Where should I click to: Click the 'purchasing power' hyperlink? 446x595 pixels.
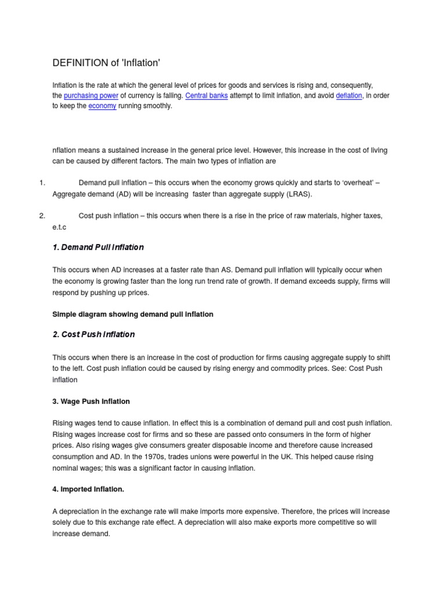pyautogui.click(x=91, y=95)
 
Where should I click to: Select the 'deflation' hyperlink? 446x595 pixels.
pyautogui.click(x=349, y=95)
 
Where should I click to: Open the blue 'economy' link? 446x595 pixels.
pyautogui.click(x=102, y=106)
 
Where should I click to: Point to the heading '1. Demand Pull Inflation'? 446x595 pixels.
pyautogui.click(x=98, y=248)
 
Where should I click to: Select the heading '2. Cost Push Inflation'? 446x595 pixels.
pyautogui.click(x=93, y=335)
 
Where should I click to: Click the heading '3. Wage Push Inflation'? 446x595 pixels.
pyautogui.click(x=91, y=402)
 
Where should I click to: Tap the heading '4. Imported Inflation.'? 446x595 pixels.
pyautogui.click(x=88, y=489)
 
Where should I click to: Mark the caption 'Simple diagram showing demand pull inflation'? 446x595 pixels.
pyautogui.click(x=133, y=314)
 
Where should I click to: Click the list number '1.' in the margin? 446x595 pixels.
pyautogui.click(x=42, y=183)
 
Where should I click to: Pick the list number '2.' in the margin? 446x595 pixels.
pyautogui.click(x=42, y=216)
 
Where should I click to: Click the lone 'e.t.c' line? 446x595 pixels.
pyautogui.click(x=60, y=227)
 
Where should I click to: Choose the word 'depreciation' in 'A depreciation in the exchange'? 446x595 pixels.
pyautogui.click(x=79, y=511)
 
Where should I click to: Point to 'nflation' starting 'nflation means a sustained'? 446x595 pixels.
pyautogui.click(x=65, y=150)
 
